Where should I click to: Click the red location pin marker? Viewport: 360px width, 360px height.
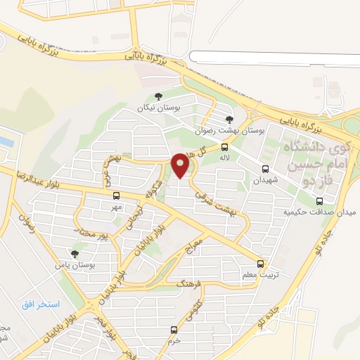(181, 166)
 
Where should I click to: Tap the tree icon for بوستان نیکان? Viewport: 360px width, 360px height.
(158, 97)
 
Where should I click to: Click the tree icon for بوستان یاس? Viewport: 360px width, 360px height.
(75, 254)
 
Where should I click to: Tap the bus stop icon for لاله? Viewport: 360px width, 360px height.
(224, 147)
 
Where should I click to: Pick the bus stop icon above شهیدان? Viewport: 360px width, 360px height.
(265, 169)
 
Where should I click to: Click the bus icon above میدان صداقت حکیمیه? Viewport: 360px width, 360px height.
(320, 201)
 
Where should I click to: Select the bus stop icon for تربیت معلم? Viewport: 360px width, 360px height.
(261, 264)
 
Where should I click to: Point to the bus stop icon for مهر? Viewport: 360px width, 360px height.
(116, 196)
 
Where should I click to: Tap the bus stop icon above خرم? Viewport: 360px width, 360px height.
(174, 330)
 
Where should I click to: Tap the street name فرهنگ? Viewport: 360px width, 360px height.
(190, 285)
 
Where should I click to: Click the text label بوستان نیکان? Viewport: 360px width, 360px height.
(158, 109)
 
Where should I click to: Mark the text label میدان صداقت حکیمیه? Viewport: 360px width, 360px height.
(316, 212)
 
